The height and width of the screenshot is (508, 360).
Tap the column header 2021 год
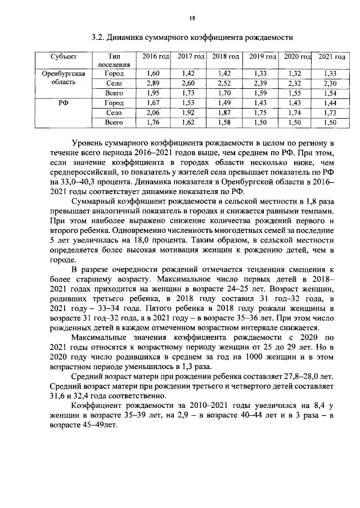pyautogui.click(x=331, y=57)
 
